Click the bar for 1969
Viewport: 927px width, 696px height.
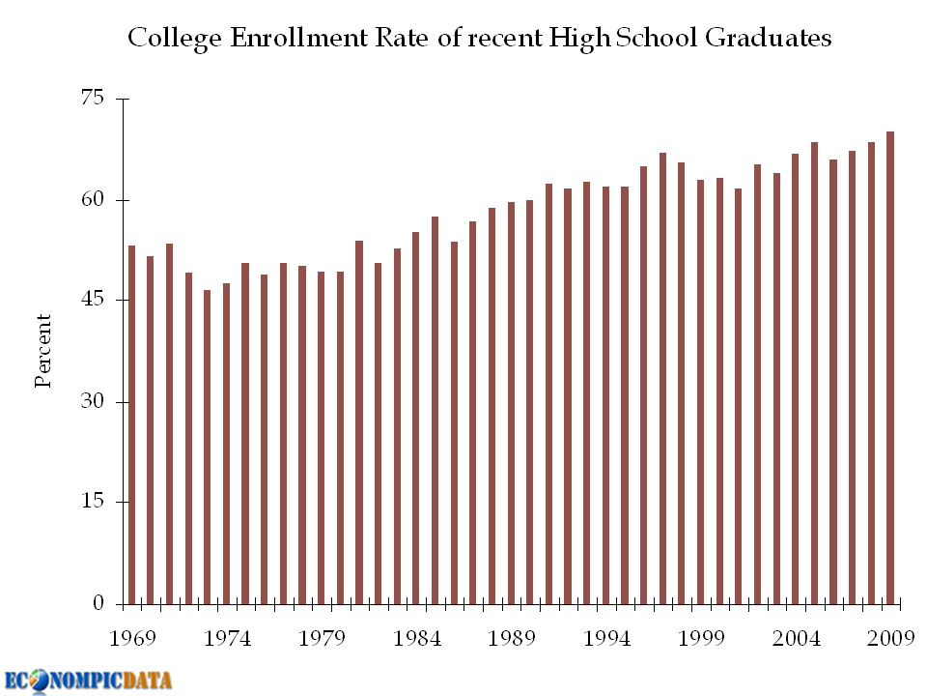pyautogui.click(x=131, y=425)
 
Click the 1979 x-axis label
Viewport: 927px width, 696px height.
pyautogui.click(x=322, y=639)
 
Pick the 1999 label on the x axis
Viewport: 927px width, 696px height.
pyautogui.click(x=701, y=639)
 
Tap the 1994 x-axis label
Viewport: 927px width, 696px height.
pyautogui.click(x=606, y=639)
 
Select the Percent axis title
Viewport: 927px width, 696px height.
pyautogui.click(x=43, y=350)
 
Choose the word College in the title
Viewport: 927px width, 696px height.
pyautogui.click(x=167, y=39)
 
